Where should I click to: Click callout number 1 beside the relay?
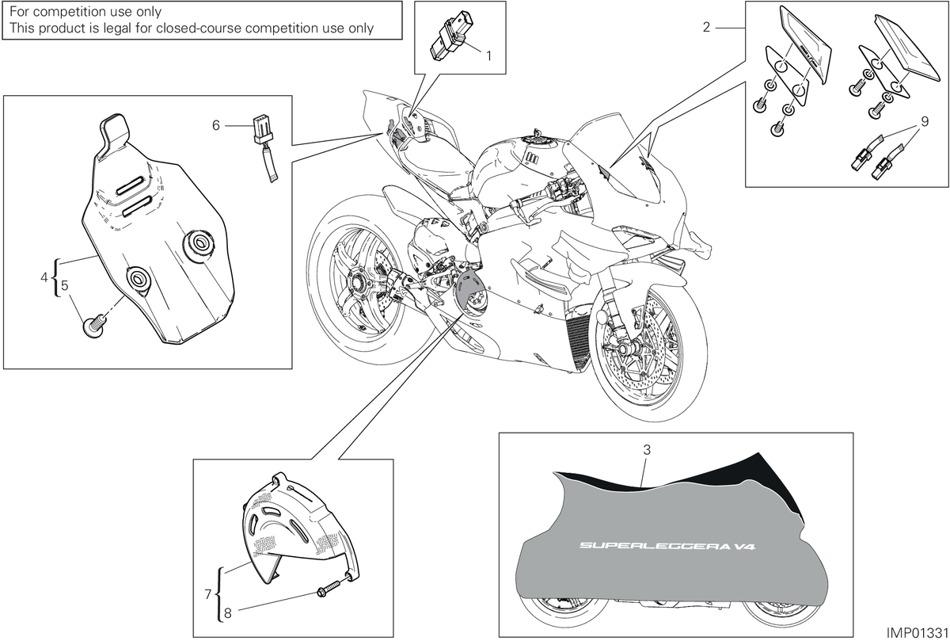pyautogui.click(x=488, y=56)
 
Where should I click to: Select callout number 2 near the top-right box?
pyautogui.click(x=706, y=28)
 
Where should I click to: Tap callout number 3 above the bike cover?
pyautogui.click(x=647, y=449)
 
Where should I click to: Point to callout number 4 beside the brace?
pyautogui.click(x=44, y=277)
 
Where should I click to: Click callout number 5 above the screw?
pyautogui.click(x=64, y=285)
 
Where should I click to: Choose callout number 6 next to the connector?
pyautogui.click(x=216, y=126)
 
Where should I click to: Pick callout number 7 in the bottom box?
pyautogui.click(x=207, y=594)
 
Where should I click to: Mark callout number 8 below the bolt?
pyautogui.click(x=228, y=613)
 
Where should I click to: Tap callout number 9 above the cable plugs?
pyautogui.click(x=925, y=122)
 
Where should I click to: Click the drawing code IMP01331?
pyautogui.click(x=917, y=632)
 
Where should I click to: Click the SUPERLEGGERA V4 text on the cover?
pyautogui.click(x=667, y=545)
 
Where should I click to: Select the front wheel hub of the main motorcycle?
pyautogui.click(x=624, y=349)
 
